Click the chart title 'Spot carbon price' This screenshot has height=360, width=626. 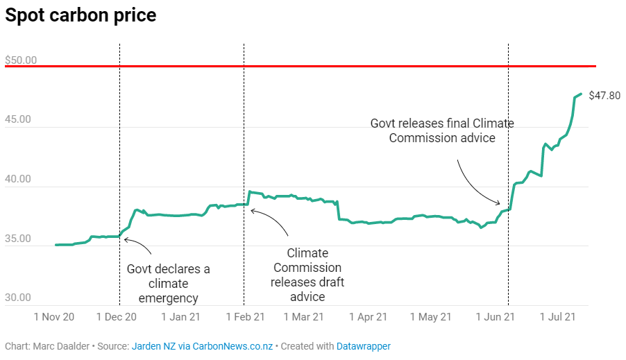tap(81, 16)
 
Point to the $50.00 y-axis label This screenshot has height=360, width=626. tap(21, 60)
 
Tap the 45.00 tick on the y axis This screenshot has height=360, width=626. tap(18, 119)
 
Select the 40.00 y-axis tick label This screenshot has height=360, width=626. tap(18, 179)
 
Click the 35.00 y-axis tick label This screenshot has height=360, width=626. tap(18, 239)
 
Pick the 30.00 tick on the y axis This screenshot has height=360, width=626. tap(18, 298)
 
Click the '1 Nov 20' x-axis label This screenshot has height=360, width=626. tap(55, 317)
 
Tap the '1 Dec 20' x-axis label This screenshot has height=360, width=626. tap(117, 317)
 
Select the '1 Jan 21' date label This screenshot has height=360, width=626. tap(181, 317)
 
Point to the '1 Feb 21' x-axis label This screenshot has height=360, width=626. tap(245, 317)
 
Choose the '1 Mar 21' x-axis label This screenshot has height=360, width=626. tap(303, 317)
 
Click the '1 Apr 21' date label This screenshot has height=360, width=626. tap(368, 317)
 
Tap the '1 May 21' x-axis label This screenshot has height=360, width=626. tap(430, 317)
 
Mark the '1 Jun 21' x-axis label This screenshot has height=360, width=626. tap(495, 317)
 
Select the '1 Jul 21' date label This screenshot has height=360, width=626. tap(557, 317)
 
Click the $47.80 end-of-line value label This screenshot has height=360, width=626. tap(604, 96)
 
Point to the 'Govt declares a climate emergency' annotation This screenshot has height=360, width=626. tap(168, 284)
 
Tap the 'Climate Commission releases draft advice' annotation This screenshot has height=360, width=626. tap(307, 275)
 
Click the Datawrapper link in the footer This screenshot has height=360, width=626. tap(364, 345)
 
